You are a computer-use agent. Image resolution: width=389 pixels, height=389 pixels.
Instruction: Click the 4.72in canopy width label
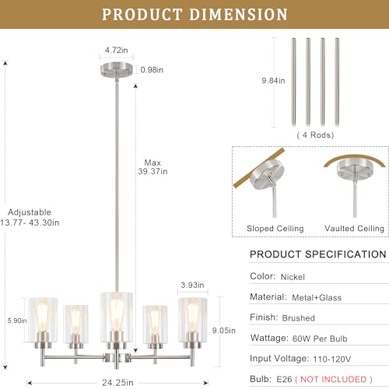[x=116, y=50]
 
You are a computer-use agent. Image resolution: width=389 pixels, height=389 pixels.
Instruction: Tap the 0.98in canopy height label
[x=152, y=70]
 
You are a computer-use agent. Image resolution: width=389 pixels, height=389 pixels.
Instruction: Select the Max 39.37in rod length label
[x=152, y=167]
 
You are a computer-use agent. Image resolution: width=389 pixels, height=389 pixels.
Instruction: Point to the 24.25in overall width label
[x=117, y=383]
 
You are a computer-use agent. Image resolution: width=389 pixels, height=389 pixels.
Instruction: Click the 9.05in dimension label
[x=224, y=331]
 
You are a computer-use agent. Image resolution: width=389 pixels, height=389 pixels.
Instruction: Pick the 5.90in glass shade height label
[x=17, y=321]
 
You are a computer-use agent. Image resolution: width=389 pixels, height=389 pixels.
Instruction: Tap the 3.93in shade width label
[x=192, y=285]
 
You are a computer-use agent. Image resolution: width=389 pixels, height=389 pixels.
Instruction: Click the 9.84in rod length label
[x=273, y=81]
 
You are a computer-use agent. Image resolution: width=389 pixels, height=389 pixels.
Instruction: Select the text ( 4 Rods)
[x=315, y=135]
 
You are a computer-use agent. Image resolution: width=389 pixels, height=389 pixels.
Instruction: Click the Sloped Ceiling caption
[x=275, y=229]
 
